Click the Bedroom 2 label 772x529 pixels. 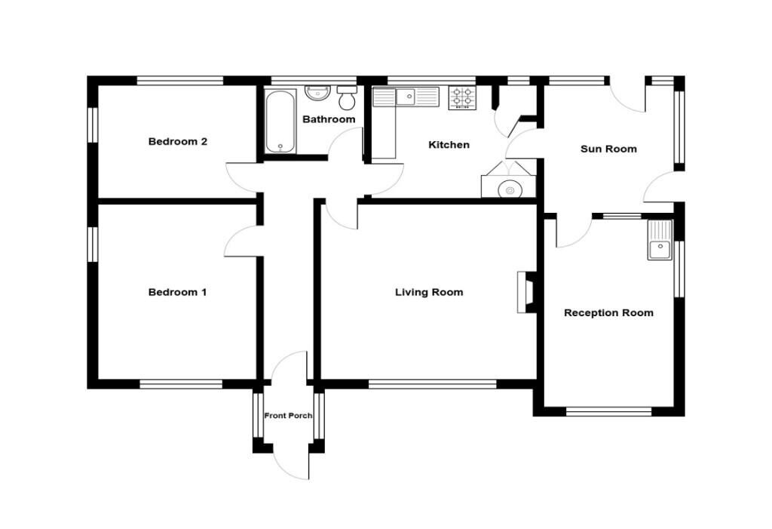click(177, 141)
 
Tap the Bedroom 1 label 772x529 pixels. click(177, 292)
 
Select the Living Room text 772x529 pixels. click(429, 292)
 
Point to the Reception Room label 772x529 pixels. click(608, 312)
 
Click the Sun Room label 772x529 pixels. click(608, 149)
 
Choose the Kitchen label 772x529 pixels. click(449, 145)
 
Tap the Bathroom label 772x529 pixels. click(329, 119)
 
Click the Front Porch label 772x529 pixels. click(288, 416)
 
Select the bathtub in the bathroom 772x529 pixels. click(280, 121)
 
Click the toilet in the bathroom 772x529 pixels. click(348, 97)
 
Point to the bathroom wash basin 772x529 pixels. click(317, 93)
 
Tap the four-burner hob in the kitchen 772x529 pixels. click(462, 98)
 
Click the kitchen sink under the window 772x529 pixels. click(407, 97)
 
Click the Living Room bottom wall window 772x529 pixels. click(432, 384)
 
